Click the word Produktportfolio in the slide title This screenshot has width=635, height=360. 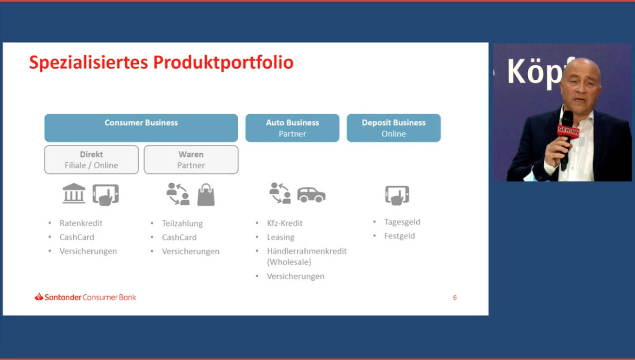223,63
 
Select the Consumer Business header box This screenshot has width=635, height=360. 141,128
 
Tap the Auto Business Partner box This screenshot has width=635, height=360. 292,128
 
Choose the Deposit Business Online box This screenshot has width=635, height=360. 393,128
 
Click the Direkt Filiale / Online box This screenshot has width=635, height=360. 91,160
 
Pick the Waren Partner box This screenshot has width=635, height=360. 191,160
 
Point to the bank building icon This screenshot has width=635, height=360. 74,193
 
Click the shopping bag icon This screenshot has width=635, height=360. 206,195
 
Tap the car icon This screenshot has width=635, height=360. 311,195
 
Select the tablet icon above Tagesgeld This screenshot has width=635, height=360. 397,195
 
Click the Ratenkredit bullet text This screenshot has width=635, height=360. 81,223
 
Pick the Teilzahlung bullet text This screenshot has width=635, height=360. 182,223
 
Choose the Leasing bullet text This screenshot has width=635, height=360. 280,237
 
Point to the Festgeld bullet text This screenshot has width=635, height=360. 400,236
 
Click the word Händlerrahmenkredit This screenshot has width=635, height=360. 307,251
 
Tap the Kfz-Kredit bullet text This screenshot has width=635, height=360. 284,223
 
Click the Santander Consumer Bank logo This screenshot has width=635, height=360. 86,297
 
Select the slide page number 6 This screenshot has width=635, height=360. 455,297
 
